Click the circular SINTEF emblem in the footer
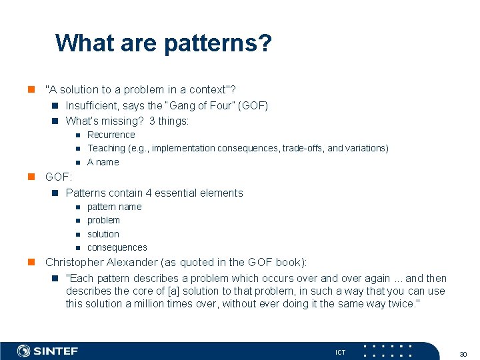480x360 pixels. point(24,351)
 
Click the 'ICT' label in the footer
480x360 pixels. point(341,352)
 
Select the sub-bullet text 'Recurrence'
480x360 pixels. point(111,135)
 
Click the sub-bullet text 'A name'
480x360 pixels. point(103,162)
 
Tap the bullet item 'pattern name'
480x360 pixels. point(114,207)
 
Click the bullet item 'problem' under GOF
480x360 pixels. point(103,220)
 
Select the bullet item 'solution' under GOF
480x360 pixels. point(103,234)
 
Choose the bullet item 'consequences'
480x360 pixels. point(117,247)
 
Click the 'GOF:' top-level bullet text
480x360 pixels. point(58,177)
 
